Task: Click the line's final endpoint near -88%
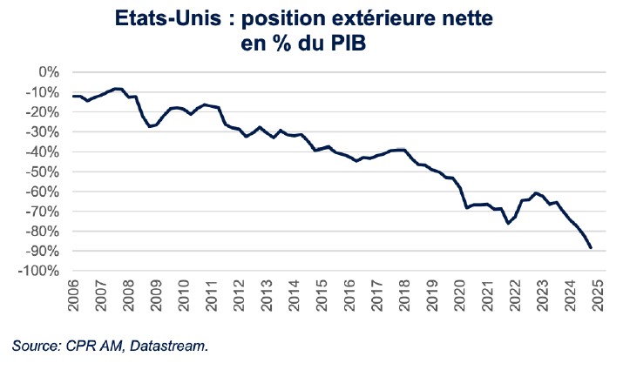coord(591,247)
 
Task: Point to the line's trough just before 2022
coord(508,223)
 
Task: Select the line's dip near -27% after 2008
coord(149,126)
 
